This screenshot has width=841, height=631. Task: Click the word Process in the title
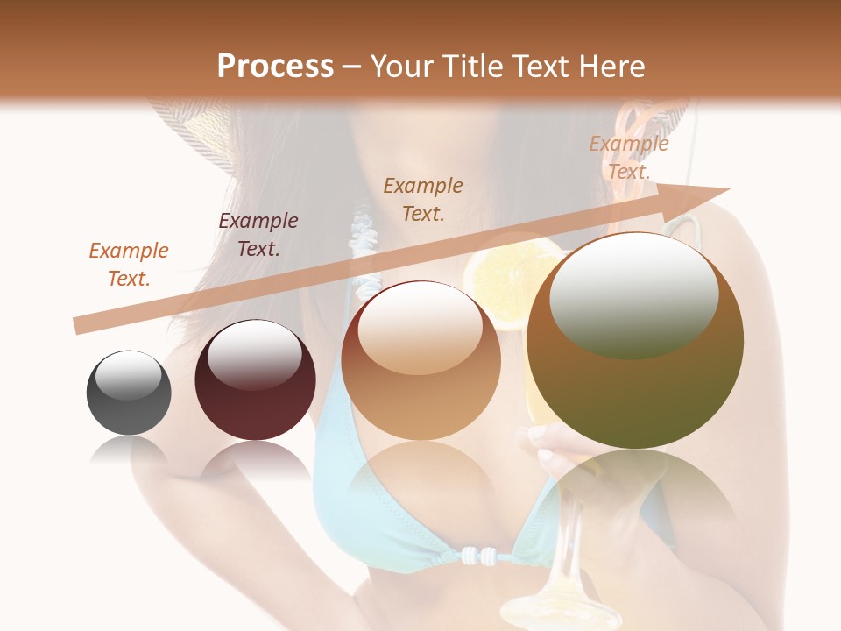(x=275, y=67)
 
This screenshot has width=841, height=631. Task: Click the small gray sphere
(x=129, y=393)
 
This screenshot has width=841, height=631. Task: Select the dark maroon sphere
(x=255, y=380)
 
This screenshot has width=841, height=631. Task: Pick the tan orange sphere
(x=421, y=360)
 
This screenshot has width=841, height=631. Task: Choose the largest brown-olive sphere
(x=635, y=342)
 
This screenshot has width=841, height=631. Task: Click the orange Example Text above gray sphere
(x=129, y=265)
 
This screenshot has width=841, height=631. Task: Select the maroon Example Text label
(x=258, y=235)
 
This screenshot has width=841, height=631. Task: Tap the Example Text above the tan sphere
(x=423, y=199)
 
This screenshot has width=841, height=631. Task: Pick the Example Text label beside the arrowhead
(x=628, y=158)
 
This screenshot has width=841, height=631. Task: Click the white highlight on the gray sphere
(x=129, y=375)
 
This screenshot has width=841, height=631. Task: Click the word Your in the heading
(x=401, y=67)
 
